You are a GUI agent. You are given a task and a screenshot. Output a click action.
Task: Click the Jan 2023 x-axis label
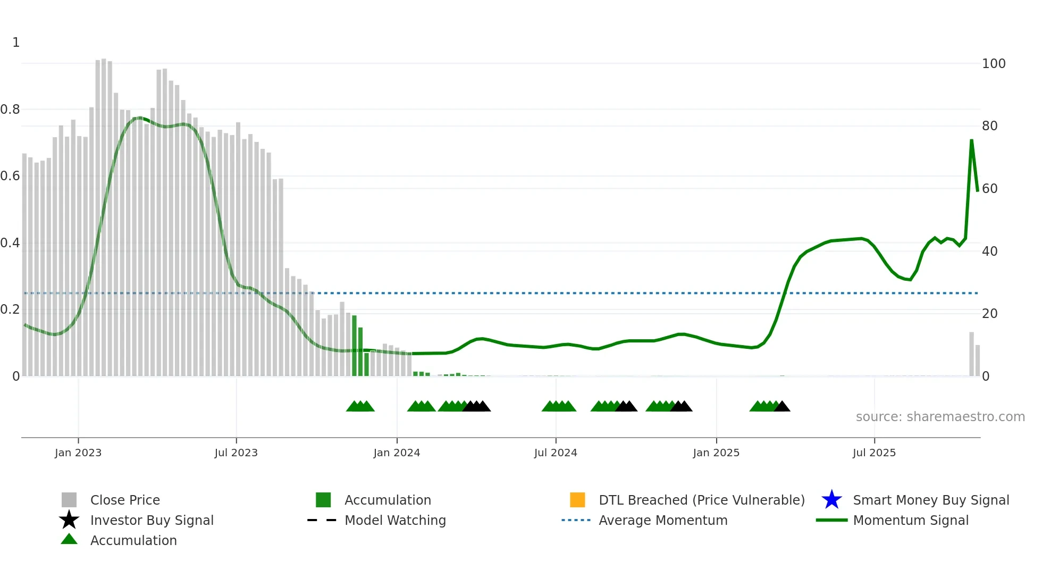(78, 453)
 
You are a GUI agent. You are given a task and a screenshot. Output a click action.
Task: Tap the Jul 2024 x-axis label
(556, 453)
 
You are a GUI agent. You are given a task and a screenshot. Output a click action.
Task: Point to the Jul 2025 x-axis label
(874, 453)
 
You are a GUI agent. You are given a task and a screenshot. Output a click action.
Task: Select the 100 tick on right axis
(993, 64)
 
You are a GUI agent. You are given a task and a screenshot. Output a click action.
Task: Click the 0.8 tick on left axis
(10, 110)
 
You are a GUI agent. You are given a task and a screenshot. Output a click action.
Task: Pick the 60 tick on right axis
(989, 189)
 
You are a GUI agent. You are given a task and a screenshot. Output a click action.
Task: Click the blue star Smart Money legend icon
(831, 500)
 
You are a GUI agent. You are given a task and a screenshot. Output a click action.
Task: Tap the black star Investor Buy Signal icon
(69, 520)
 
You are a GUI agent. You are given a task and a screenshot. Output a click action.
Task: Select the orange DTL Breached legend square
(577, 500)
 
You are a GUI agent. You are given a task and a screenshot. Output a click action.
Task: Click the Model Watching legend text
(395, 520)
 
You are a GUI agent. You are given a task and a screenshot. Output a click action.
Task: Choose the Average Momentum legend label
(663, 520)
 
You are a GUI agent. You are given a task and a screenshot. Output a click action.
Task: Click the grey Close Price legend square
(69, 500)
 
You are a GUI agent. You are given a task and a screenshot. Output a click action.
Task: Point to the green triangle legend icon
(69, 539)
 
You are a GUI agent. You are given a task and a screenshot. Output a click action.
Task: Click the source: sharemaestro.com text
(940, 417)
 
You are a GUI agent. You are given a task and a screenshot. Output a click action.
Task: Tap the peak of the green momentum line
(971, 140)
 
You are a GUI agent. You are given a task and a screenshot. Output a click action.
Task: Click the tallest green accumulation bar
(355, 346)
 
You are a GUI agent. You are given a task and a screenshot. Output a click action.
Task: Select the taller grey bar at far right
(971, 354)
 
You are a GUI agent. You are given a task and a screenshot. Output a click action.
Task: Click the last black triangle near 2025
(782, 407)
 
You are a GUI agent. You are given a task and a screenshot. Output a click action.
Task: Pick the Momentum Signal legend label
(910, 520)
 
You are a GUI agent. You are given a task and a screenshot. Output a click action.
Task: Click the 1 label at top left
(16, 43)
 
